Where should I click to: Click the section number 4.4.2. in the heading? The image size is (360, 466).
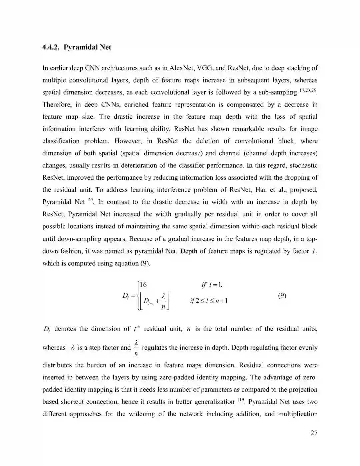pos(51,47)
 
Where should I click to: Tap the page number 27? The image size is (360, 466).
pos(314,433)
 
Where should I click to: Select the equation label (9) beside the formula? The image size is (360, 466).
pos(282,295)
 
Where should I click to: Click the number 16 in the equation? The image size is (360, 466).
pos(143,285)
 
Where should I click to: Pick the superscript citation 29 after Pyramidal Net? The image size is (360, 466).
pos(90,200)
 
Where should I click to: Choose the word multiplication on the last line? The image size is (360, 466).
pos(298,414)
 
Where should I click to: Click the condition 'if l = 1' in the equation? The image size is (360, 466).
pos(212,285)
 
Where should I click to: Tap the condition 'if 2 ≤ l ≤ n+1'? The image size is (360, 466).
pos(209,301)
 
